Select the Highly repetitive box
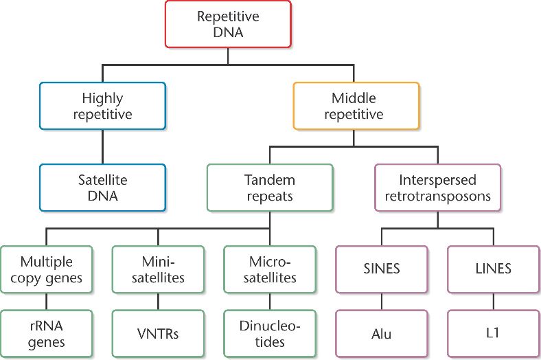click(102, 105)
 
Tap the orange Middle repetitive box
click(356, 105)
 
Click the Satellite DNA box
click(102, 187)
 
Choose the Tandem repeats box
click(269, 187)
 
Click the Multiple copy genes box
click(46, 269)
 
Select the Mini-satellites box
click(158, 269)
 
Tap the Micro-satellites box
click(270, 269)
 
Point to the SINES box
click(381, 269)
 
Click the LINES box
click(493, 269)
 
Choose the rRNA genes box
click(46, 333)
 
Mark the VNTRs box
click(158, 333)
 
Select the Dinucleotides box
click(270, 333)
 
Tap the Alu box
click(381, 333)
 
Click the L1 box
click(493, 333)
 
